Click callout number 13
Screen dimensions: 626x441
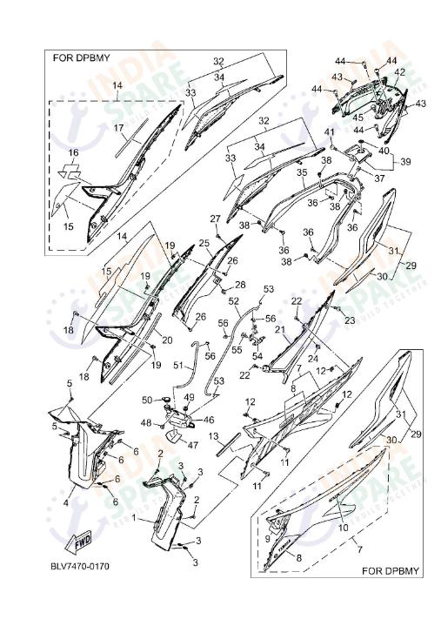click(x=211, y=434)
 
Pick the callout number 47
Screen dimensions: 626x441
click(x=193, y=445)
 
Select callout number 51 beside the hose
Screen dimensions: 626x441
click(x=178, y=366)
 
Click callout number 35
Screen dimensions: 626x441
click(x=302, y=172)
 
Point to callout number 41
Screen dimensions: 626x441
click(x=330, y=131)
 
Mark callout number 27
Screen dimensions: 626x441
click(x=215, y=218)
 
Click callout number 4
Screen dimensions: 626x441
click(x=66, y=501)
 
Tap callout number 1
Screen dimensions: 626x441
click(x=132, y=516)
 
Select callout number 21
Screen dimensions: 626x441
click(x=280, y=329)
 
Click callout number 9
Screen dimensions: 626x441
click(x=267, y=540)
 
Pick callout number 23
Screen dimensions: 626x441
click(x=350, y=320)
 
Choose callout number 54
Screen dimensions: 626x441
click(x=257, y=357)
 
